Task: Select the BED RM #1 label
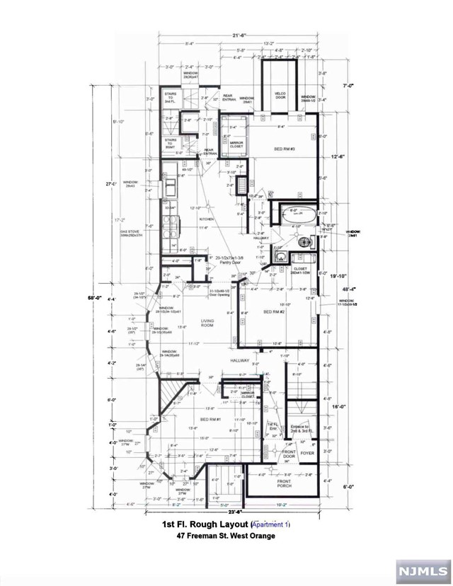click(x=211, y=420)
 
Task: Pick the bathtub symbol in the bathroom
click(x=296, y=214)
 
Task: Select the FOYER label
click(x=307, y=451)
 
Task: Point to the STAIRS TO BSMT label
click(x=171, y=142)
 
